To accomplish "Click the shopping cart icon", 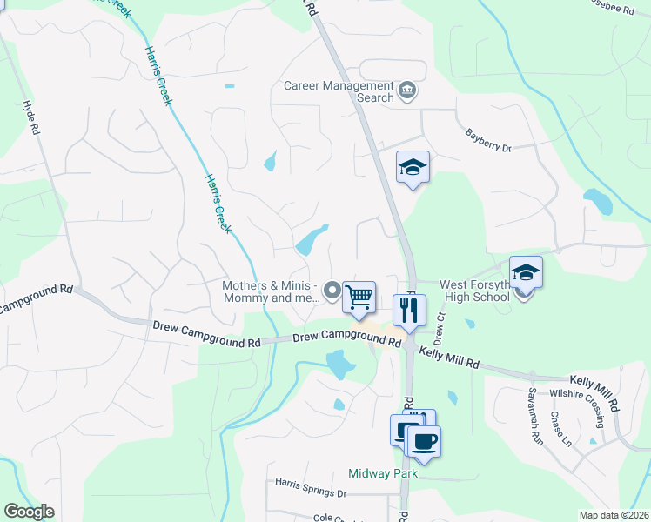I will click(359, 298).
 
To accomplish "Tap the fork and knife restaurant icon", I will click(408, 309).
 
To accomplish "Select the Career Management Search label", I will click(339, 92).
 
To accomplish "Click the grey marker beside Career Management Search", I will click(406, 90).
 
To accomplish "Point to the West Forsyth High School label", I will click(474, 291).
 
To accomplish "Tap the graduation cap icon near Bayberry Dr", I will click(413, 167).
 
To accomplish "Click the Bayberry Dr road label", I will click(488, 140).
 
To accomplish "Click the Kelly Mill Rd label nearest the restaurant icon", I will click(449, 356).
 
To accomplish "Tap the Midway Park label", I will click(383, 473).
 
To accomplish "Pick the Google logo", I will click(29, 512).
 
